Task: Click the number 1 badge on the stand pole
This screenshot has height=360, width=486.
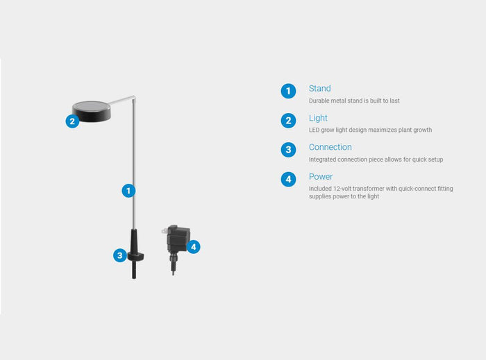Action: pyautogui.click(x=128, y=191)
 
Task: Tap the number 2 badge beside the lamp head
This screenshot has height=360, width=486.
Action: pyautogui.click(x=72, y=121)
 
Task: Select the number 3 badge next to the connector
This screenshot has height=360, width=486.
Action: pyautogui.click(x=120, y=255)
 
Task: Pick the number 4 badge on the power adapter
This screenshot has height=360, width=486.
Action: pyautogui.click(x=194, y=247)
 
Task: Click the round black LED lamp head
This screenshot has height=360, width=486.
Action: pyautogui.click(x=92, y=112)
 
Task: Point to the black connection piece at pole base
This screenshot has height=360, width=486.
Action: pyautogui.click(x=135, y=253)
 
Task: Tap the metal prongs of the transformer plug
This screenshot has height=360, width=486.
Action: pyautogui.click(x=165, y=231)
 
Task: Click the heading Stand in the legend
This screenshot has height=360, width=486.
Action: pyautogui.click(x=319, y=89)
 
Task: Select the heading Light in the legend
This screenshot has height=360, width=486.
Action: pyautogui.click(x=318, y=118)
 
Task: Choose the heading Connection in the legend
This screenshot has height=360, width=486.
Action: pyautogui.click(x=330, y=147)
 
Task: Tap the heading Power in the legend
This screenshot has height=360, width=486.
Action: pyautogui.click(x=321, y=176)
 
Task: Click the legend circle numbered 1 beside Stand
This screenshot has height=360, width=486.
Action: pyautogui.click(x=288, y=91)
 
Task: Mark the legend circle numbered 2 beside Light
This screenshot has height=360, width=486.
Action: pyautogui.click(x=288, y=121)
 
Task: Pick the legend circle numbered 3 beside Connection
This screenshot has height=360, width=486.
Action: pyautogui.click(x=288, y=150)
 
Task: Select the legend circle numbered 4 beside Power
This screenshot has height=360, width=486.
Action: pyautogui.click(x=288, y=179)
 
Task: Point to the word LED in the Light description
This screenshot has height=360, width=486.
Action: pyautogui.click(x=314, y=130)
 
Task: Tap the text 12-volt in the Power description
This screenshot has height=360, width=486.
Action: pyautogui.click(x=342, y=189)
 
